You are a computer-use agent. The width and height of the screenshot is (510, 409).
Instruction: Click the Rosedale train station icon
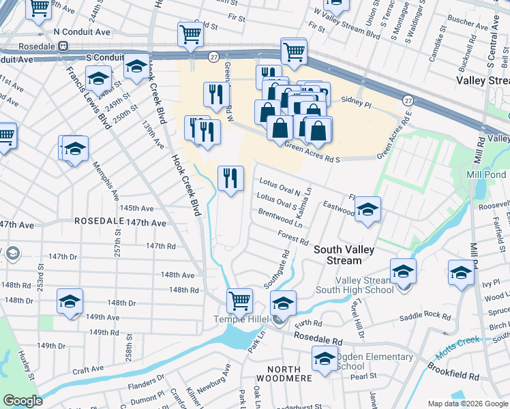pos(62,46)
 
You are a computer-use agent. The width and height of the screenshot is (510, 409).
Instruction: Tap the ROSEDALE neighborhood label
pos(98,222)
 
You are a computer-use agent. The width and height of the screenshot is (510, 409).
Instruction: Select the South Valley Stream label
pos(344,255)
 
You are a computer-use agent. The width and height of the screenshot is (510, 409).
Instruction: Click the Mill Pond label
pos(485,175)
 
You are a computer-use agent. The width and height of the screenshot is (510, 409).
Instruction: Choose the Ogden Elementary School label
pos(374,361)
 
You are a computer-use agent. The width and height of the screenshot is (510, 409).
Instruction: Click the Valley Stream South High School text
pos(364,285)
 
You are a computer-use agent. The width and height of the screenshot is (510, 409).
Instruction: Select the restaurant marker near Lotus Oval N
pos(230,179)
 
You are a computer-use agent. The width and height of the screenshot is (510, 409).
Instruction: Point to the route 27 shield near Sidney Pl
pos(406,100)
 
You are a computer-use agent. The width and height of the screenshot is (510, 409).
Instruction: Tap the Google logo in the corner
pos(23,401)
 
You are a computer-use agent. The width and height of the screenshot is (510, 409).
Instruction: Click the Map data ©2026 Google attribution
pos(466,404)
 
